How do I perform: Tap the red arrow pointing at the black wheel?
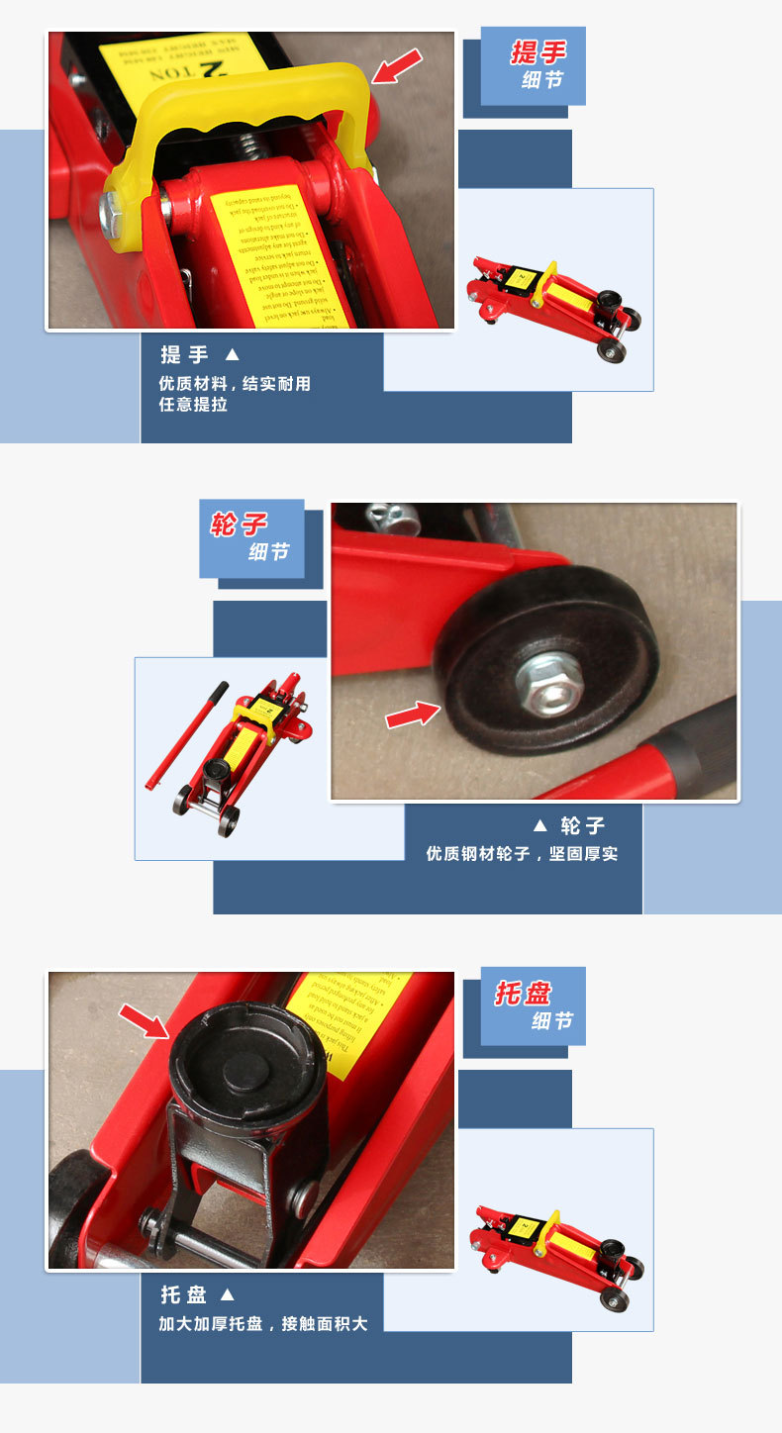click(x=412, y=714)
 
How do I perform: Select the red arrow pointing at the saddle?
click(x=145, y=1020)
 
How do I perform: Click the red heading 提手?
click(x=538, y=52)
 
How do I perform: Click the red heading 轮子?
click(x=239, y=524)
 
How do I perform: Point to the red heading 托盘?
click(x=523, y=994)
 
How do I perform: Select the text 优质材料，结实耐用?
click(x=235, y=383)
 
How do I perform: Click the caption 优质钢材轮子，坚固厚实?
click(x=522, y=853)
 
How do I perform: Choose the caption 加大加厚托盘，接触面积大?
click(x=263, y=1323)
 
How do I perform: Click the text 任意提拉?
click(x=193, y=405)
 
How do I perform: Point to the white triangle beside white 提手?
click(x=232, y=354)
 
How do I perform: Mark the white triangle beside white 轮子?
click(x=539, y=825)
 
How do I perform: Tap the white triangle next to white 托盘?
click(x=227, y=1294)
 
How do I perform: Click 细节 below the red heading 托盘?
click(x=551, y=1020)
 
